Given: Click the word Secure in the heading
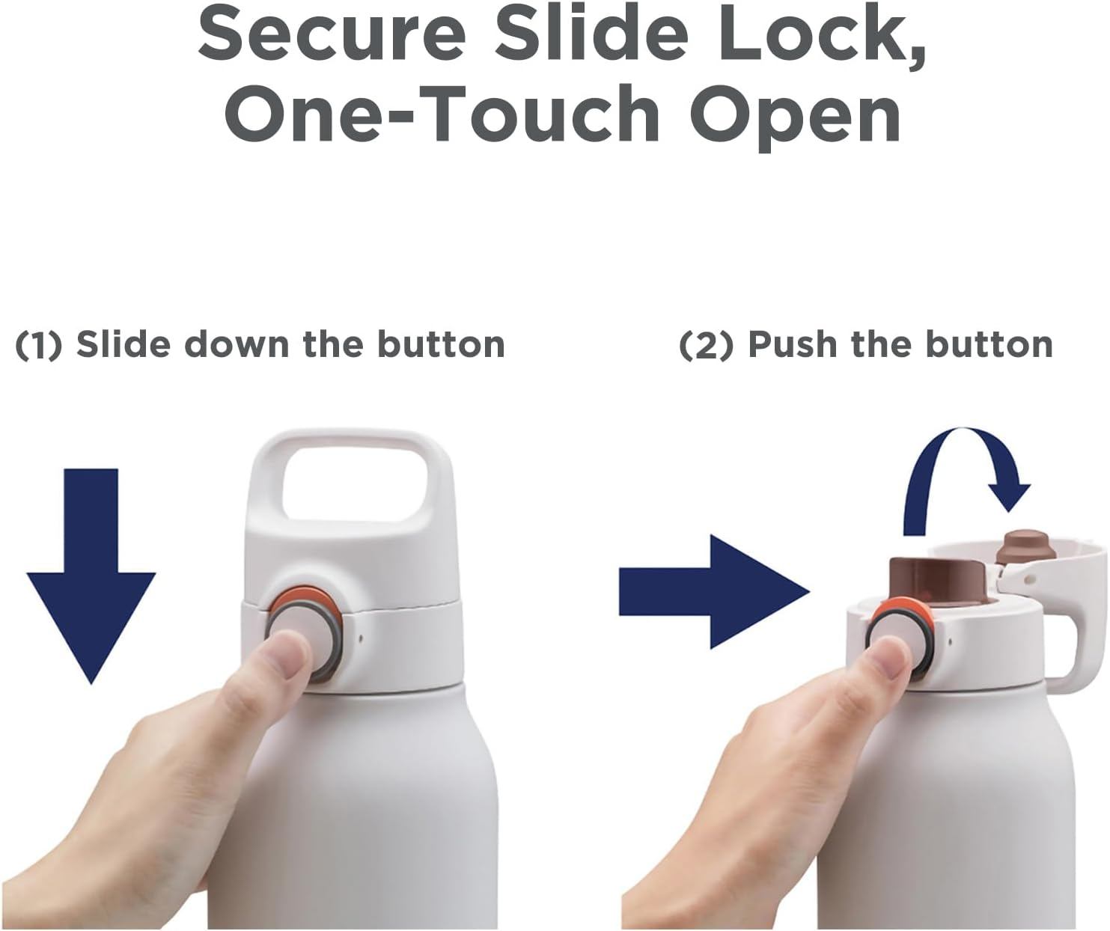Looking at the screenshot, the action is (332, 34).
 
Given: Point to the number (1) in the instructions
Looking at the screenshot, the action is (38, 345).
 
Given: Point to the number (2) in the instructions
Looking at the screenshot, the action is (706, 345).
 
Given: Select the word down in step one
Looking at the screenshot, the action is (237, 344).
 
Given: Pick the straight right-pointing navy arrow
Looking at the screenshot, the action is (714, 592).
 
